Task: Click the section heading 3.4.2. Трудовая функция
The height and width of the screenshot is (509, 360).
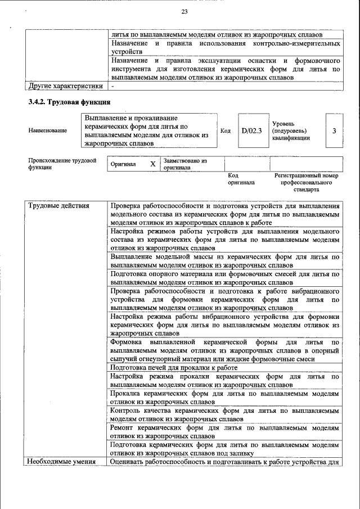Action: point(69,102)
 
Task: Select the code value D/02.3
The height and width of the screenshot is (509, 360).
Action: point(252,130)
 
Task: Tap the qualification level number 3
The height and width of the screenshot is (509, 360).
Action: point(334,130)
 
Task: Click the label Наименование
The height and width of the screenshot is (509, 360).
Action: point(47,130)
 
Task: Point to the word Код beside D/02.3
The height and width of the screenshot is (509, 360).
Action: point(226,130)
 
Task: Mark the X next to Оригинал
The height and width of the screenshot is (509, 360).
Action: point(152,164)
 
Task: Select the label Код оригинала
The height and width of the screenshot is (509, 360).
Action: point(241,179)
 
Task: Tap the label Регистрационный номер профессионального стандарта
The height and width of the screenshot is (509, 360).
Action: point(306,182)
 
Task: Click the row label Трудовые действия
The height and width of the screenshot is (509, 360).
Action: point(59,205)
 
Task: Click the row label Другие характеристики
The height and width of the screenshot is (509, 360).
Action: point(65,86)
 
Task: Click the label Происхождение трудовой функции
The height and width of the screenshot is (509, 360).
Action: point(62,164)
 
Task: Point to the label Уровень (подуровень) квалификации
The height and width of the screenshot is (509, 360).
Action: point(291,130)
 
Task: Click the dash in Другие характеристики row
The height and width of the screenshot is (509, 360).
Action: point(113,86)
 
